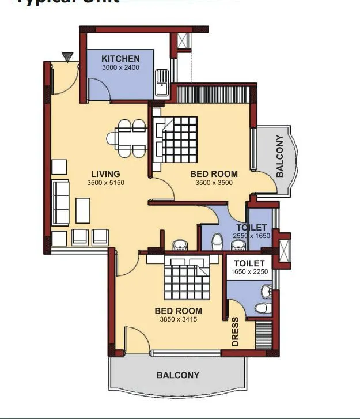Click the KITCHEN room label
[x=120, y=59]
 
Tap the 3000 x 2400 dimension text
[x=120, y=67]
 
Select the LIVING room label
[x=105, y=173]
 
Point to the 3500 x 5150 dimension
[x=105, y=183]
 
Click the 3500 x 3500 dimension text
[x=213, y=183]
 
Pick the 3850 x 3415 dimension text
[x=179, y=319]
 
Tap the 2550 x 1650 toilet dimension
[x=251, y=236]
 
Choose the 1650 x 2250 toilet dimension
[x=249, y=272]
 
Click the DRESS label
[x=236, y=332]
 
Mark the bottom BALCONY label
[x=178, y=375]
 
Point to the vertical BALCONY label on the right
[x=280, y=156]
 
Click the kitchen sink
[x=162, y=82]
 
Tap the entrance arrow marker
[x=69, y=56]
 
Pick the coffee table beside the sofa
[x=83, y=210]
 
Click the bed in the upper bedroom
[x=179, y=139]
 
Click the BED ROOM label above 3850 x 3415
[x=179, y=311]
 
